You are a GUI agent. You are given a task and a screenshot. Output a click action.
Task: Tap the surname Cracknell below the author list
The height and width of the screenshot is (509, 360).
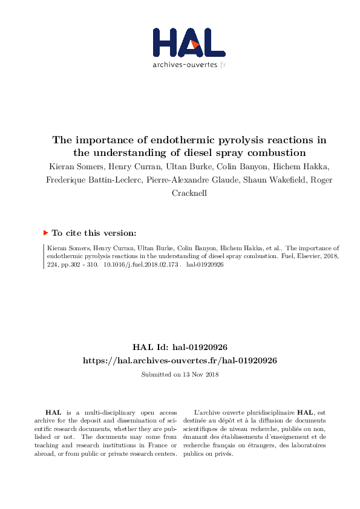pyautogui.click(x=180, y=193)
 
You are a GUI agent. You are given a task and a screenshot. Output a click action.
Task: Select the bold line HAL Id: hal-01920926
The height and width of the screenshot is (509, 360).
pyautogui.click(x=180, y=348)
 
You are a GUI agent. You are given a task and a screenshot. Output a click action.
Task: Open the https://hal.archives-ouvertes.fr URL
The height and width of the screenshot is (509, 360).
pyautogui.click(x=180, y=360)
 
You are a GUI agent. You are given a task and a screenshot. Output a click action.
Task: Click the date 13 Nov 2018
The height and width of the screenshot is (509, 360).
pyautogui.click(x=198, y=374)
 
